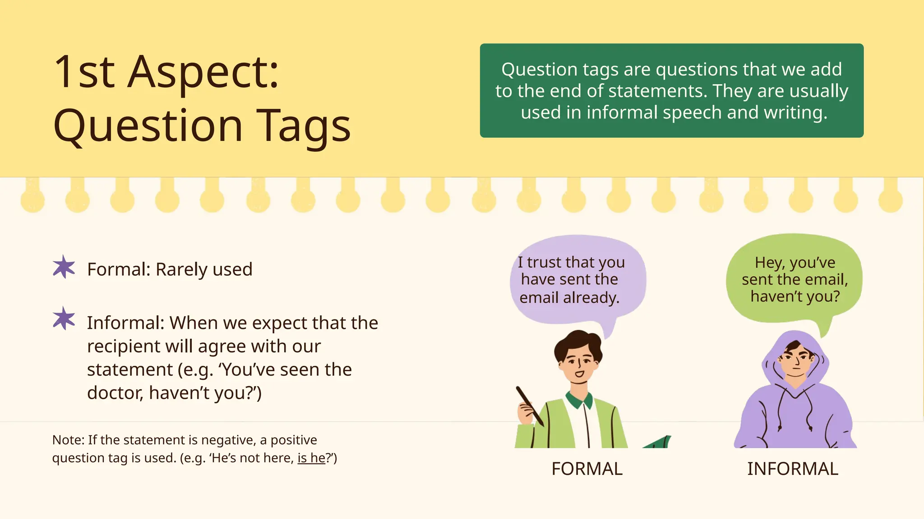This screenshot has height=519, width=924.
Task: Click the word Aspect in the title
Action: (203, 72)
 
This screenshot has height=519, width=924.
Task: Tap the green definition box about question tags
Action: (671, 90)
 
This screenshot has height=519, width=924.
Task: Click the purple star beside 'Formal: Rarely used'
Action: (64, 267)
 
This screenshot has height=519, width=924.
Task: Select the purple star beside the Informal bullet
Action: (64, 319)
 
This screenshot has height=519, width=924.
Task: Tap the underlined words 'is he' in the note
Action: (311, 458)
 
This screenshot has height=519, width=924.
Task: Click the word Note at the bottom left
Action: (68, 440)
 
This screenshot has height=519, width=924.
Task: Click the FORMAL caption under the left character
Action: (587, 469)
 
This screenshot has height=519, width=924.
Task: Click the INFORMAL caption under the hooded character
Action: (793, 469)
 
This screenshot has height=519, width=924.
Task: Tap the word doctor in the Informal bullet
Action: (115, 393)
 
